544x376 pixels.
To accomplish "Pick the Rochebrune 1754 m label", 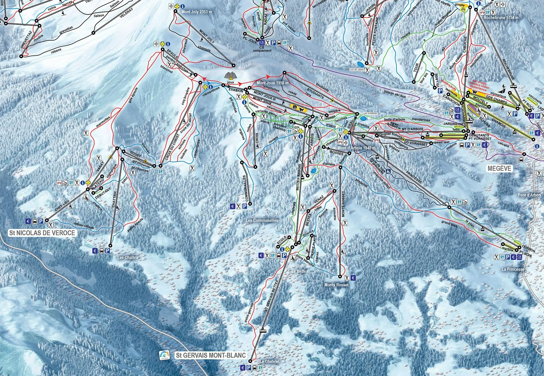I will [501, 18].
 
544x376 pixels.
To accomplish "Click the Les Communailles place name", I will [262, 220].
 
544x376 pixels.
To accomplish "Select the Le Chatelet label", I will [269, 361].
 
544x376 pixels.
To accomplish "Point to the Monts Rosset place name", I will [336, 285].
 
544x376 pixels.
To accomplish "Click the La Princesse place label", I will [513, 269].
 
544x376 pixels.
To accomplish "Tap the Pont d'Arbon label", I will [529, 195].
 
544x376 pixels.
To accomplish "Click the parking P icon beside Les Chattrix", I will [108, 251].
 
